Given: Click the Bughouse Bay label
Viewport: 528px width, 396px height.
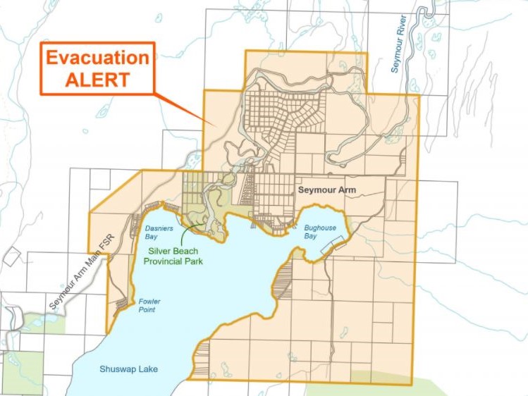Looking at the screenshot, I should (320, 233).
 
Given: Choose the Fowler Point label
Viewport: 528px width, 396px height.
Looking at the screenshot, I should (149, 306).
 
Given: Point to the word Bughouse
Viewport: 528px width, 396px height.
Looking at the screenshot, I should (320, 228).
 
